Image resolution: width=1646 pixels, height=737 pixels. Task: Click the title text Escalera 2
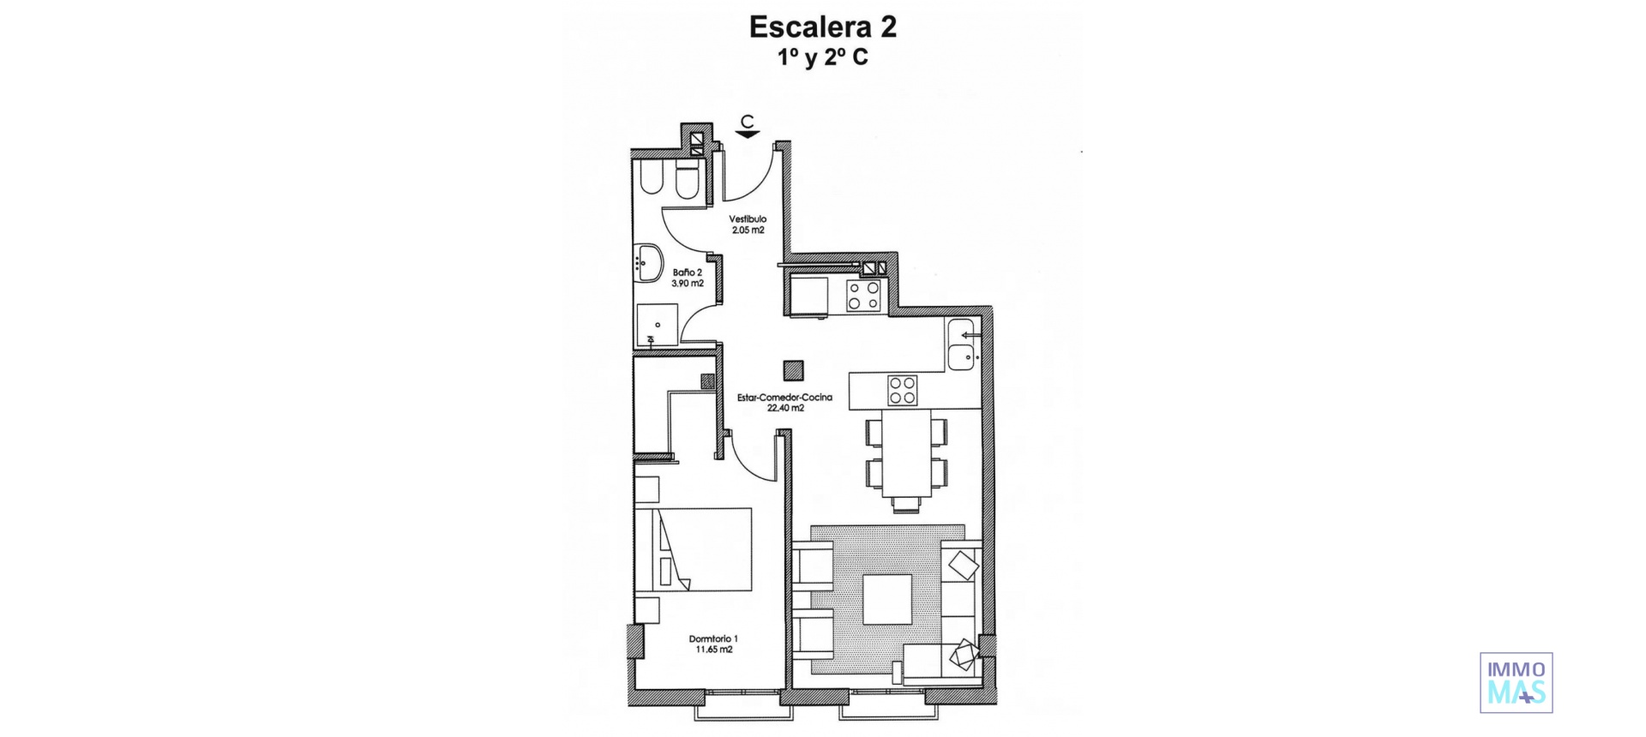[822, 27]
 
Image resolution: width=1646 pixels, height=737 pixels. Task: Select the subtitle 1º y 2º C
[822, 58]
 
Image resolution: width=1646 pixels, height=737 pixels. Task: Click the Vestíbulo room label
[748, 219]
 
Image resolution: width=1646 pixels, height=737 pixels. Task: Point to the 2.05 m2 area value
[748, 231]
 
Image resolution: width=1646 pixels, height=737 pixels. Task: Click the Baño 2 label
[688, 272]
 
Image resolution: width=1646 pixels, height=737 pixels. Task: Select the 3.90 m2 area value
[688, 283]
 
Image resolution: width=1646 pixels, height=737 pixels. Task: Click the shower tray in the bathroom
[657, 324]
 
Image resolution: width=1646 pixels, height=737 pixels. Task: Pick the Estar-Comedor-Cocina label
[785, 398]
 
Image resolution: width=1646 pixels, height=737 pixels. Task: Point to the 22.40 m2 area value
[785, 409]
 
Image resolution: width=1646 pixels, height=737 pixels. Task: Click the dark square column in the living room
[794, 369]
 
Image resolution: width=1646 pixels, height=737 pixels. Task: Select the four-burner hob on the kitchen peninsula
[902, 390]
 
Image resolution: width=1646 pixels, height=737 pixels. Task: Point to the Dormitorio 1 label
[713, 638]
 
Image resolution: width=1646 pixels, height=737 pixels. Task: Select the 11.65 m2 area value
[713, 650]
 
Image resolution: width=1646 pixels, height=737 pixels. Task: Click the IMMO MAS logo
[1516, 682]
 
